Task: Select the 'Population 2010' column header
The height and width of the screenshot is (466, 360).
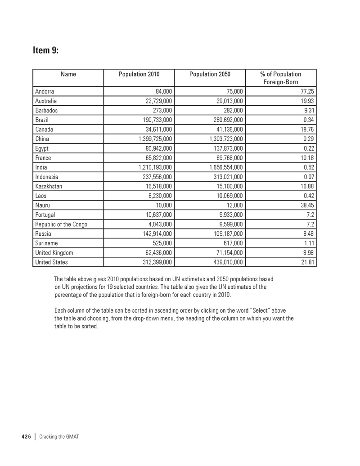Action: point(139,74)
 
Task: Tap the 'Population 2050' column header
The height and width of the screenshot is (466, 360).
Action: point(210,74)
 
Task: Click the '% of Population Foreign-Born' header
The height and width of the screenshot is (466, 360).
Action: point(281,78)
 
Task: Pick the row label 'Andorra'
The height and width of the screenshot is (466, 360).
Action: point(45,92)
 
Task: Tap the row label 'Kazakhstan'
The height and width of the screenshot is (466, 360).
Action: point(49,186)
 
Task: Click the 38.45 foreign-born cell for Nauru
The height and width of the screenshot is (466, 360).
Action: point(305,205)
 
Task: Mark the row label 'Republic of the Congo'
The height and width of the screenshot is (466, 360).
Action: point(61,224)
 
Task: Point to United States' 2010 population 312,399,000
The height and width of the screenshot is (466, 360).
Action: point(153,262)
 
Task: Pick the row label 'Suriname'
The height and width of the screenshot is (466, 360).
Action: point(47,243)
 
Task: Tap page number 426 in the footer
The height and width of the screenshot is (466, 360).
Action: point(26,437)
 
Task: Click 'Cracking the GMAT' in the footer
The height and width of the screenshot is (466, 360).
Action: point(59,437)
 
